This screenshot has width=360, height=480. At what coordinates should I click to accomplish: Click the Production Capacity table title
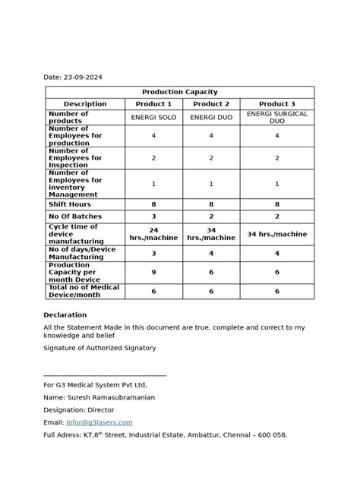(x=179, y=91)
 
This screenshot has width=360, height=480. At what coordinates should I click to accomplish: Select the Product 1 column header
(x=153, y=104)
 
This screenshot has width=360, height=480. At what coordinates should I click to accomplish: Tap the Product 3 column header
(x=276, y=104)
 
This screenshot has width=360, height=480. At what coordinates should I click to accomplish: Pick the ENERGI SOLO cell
(x=153, y=118)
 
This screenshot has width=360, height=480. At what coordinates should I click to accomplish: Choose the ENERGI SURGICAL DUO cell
(x=276, y=118)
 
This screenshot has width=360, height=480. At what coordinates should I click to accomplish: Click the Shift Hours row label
(x=70, y=204)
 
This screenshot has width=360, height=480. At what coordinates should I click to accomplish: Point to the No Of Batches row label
(x=74, y=216)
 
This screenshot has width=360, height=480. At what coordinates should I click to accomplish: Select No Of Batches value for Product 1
(x=153, y=216)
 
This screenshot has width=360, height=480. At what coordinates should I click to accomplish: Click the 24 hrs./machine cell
(x=153, y=233)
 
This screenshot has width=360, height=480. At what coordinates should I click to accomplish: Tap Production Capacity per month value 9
(x=153, y=272)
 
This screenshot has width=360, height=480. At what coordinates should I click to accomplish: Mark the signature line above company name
(x=105, y=375)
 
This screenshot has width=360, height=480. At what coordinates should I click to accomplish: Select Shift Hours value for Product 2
(x=211, y=204)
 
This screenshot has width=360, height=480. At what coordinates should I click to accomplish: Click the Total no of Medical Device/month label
(x=84, y=291)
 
